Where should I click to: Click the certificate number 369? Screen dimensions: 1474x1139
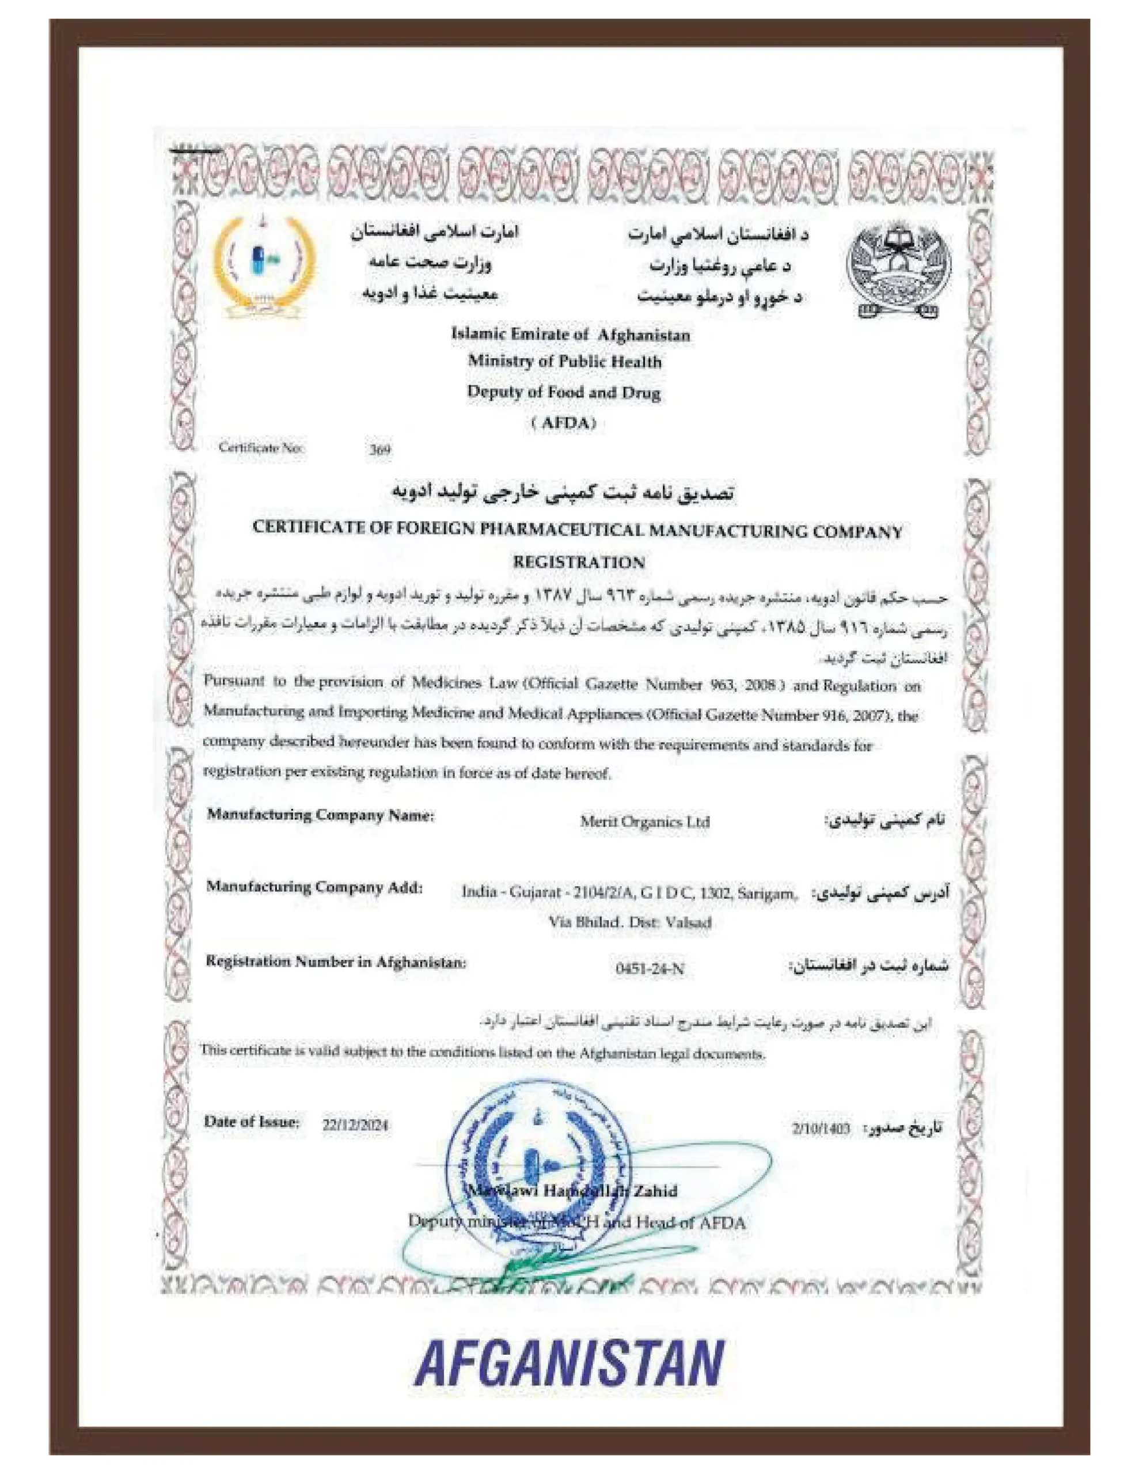380,450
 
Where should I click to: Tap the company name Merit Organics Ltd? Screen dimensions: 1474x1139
644,822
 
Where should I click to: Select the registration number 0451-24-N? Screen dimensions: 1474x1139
649,969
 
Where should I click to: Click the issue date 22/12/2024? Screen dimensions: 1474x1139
355,1125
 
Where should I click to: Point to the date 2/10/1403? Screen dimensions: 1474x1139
821,1129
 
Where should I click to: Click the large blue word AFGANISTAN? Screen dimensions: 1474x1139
569,1364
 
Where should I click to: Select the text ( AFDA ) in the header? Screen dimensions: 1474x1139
564,423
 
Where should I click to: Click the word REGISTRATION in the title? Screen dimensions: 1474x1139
579,561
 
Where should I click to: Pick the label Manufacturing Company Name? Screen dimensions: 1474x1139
321,815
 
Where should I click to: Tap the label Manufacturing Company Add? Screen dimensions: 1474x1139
314,887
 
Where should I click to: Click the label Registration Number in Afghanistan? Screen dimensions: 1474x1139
336,961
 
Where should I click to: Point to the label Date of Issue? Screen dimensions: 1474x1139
251,1122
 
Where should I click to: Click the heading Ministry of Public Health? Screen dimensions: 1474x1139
564,362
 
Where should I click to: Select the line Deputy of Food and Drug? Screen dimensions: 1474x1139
564,392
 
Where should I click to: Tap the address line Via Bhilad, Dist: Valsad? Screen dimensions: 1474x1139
629,922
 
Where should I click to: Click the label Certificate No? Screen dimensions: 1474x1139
261,447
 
